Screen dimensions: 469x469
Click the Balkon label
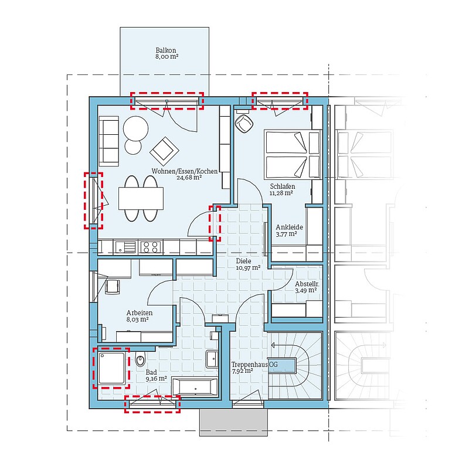coord(166,50)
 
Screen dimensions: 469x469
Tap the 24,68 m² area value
coord(189,178)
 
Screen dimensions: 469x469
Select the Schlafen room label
coord(283,186)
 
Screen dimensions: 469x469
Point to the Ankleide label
coord(289,227)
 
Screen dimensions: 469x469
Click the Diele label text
coord(243,261)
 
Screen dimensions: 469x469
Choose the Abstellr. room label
coord(307,284)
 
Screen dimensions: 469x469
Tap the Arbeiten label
coord(140,313)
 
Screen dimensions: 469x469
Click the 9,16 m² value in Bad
coord(156,379)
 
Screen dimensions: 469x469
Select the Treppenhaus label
coord(250,364)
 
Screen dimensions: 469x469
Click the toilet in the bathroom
coord(140,359)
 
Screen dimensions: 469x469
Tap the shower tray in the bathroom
coord(111,368)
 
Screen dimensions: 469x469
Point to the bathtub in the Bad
coord(195,387)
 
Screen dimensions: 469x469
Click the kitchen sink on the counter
coord(125,247)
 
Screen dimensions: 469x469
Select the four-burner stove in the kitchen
coord(151,247)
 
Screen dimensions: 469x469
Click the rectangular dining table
coord(141,198)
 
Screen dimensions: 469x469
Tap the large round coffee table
coord(135,128)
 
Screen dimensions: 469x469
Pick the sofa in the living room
coord(109,141)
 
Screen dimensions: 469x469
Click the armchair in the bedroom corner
coord(244,124)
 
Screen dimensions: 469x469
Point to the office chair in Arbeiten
coord(113,287)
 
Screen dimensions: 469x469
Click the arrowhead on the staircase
coord(273,345)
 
